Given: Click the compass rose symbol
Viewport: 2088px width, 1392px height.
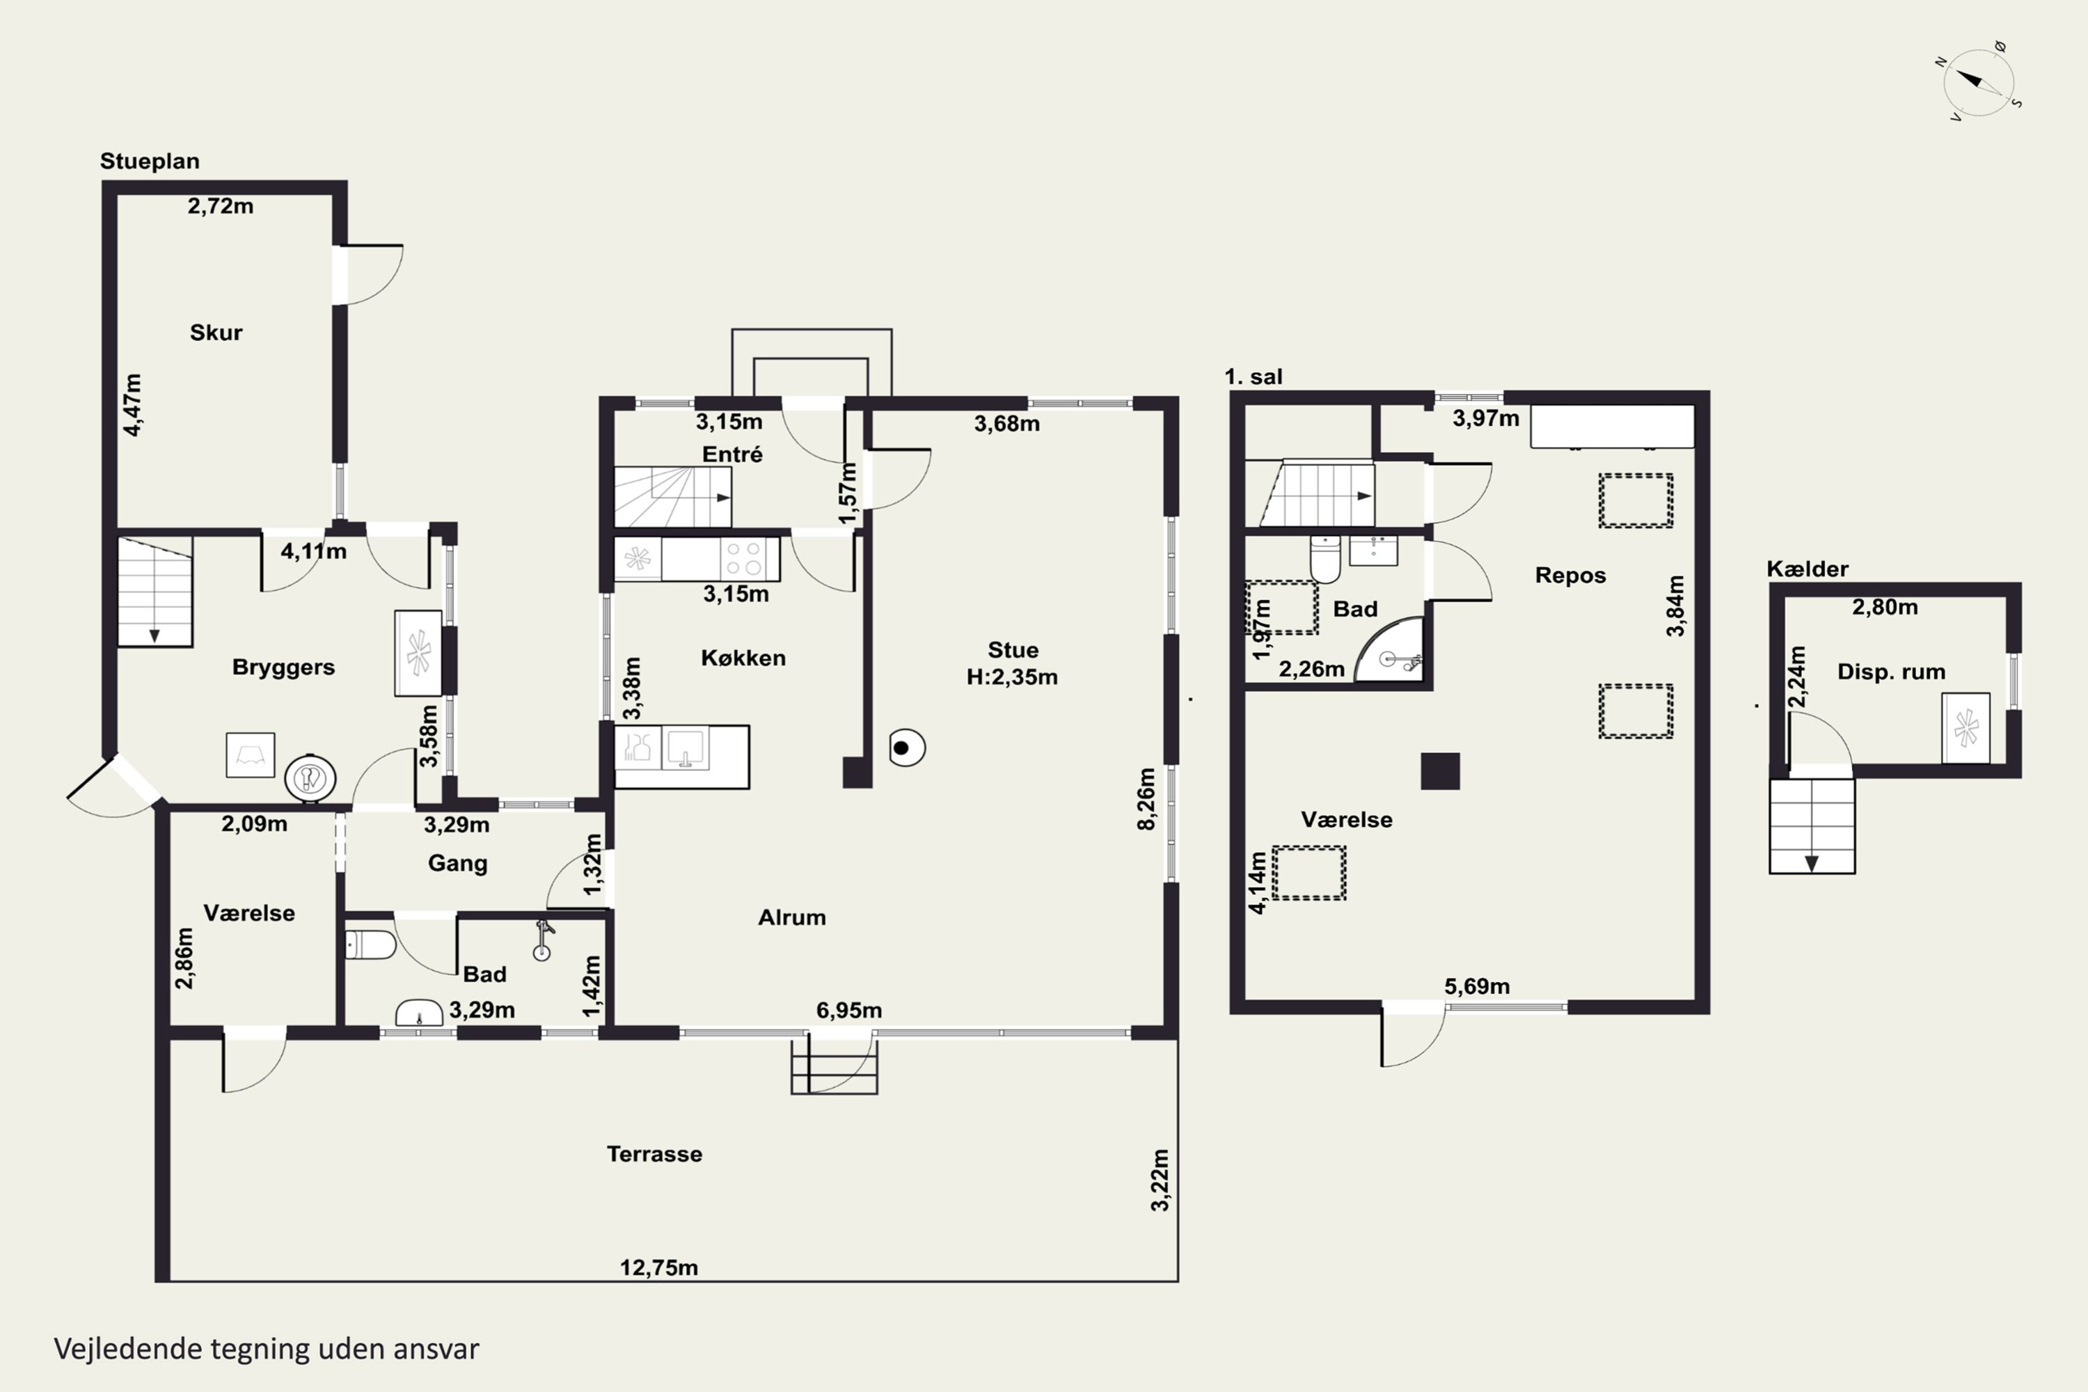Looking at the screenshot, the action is click(1978, 81).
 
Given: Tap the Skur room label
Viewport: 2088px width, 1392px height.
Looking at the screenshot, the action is click(216, 333).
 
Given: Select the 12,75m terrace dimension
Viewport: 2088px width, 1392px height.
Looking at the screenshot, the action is click(658, 1267).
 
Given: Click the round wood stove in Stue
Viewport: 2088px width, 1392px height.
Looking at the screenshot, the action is click(906, 748).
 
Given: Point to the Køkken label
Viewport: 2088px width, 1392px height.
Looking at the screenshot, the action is click(743, 658).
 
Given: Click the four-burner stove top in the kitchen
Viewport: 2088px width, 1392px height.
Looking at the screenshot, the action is click(744, 560).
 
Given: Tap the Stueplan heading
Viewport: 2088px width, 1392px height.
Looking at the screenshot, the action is click(149, 161).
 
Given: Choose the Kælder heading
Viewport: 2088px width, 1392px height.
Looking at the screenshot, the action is click(1807, 569).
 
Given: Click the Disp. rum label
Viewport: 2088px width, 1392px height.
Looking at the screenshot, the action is click(1891, 672).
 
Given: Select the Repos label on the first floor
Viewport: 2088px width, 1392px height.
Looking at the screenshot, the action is click(1570, 576).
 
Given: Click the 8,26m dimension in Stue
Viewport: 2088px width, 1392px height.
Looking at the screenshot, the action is click(1146, 799).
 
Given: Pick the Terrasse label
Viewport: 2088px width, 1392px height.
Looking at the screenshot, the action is click(654, 1154).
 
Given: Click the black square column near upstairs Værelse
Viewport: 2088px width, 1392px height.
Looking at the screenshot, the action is click(1440, 770).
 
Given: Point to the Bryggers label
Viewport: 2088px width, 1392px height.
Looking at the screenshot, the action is click(283, 667).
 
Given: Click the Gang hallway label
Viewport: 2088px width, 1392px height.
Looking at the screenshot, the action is click(457, 864).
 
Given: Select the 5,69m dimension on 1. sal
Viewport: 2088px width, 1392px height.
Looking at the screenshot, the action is click(1476, 986).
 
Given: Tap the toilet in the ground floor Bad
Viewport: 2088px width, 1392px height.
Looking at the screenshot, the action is click(370, 944).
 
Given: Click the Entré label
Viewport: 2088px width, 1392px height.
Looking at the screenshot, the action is click(731, 454).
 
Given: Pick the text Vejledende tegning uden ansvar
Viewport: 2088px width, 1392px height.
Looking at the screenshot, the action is click(267, 1350).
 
